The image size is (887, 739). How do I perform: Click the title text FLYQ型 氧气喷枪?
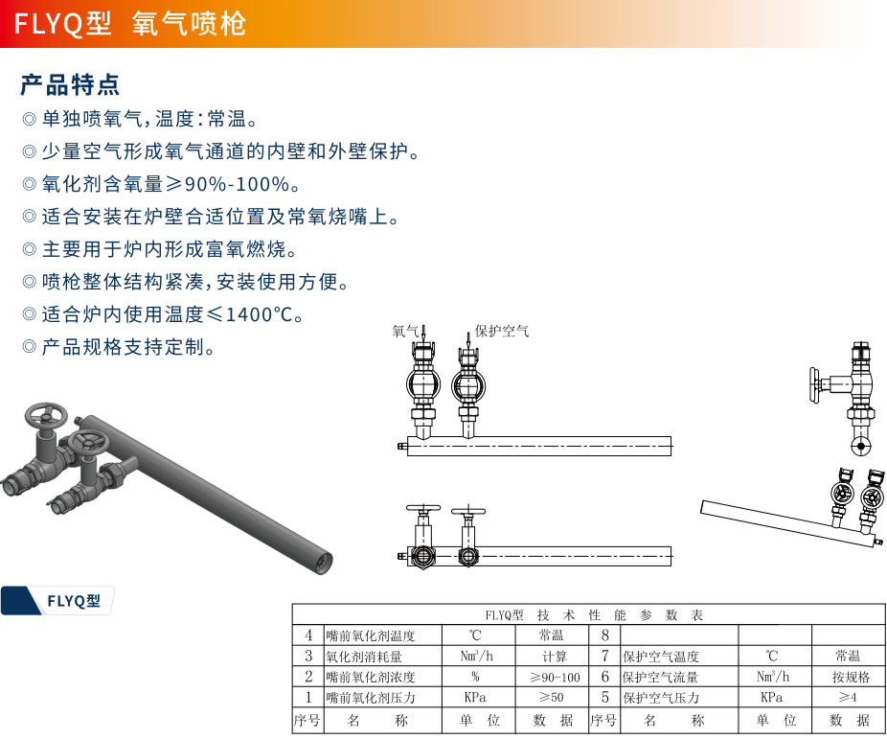pos(130,23)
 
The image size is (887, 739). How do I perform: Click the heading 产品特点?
pos(70,84)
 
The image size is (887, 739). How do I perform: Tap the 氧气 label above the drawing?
pos(405,331)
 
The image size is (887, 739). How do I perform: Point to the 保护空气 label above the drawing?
pos(502,331)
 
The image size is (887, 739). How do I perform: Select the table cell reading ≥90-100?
pos(555,677)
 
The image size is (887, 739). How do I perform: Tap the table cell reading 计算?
pos(555,657)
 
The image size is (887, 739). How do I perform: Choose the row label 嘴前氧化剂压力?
pos(371,698)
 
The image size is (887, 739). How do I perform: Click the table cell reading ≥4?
pos(847,698)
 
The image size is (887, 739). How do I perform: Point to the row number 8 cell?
pos(604,635)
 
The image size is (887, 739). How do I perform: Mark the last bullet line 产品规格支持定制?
pos(128,347)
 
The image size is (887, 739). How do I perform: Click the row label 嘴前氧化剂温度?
pos(371,635)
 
